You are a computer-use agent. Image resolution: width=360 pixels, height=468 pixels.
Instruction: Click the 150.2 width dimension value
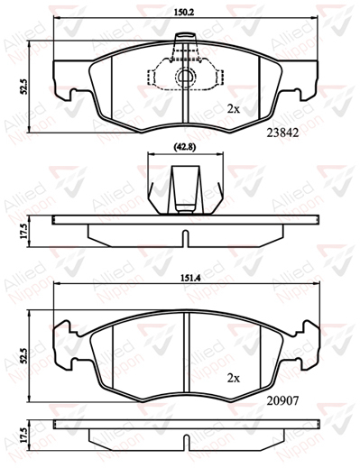(x=185, y=13)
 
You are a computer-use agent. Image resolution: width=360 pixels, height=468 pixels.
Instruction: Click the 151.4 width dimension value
(x=187, y=278)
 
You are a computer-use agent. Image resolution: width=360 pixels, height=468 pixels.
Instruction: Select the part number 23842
(x=283, y=133)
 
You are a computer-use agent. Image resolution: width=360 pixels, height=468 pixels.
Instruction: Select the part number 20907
(x=282, y=400)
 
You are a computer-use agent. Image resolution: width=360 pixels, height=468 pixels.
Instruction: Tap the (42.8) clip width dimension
(x=185, y=147)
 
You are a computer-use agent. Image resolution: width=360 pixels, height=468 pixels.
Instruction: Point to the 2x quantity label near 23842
(x=234, y=109)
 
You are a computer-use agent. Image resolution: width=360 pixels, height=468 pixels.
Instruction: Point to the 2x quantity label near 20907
(x=234, y=379)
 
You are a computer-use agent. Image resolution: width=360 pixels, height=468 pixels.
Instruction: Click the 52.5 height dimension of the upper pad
(x=24, y=87)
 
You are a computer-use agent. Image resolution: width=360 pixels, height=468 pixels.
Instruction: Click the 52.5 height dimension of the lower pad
(x=25, y=355)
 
